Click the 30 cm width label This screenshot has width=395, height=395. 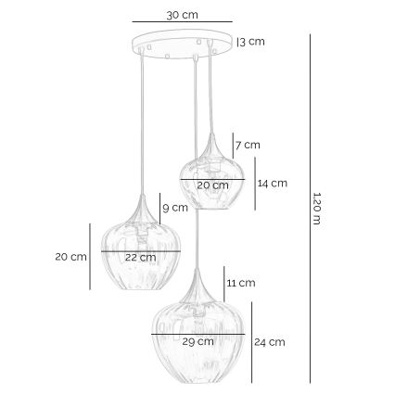click(181, 16)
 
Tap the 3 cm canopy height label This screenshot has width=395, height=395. click(253, 41)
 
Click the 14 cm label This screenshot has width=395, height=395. click(273, 183)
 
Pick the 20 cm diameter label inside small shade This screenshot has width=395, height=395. click(212, 185)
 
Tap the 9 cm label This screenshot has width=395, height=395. click(175, 208)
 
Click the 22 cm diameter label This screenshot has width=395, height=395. click(140, 257)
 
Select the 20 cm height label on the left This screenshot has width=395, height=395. click(70, 256)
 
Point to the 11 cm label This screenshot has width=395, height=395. click(240, 281)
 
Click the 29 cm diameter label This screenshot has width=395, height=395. click(197, 340)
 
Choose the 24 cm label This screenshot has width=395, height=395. click(269, 342)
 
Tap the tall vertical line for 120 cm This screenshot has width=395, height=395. click(310, 212)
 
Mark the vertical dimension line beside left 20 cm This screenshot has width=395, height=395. click(90, 256)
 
